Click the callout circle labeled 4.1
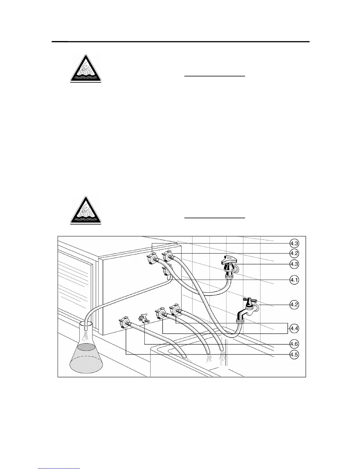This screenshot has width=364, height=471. pyautogui.click(x=294, y=280)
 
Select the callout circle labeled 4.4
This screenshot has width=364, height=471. pyautogui.click(x=294, y=329)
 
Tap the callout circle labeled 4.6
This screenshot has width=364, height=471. pyautogui.click(x=294, y=344)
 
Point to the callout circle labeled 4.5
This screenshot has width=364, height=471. pyautogui.click(x=294, y=355)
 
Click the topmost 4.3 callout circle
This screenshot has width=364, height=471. pyautogui.click(x=294, y=244)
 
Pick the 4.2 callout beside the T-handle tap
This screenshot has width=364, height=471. pyautogui.click(x=294, y=305)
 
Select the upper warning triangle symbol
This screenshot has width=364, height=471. pyautogui.click(x=86, y=69)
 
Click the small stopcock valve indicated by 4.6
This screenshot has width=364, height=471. pyautogui.click(x=144, y=319)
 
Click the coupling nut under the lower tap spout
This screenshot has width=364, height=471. pyautogui.click(x=240, y=321)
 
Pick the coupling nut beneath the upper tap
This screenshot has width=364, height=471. pyautogui.click(x=229, y=276)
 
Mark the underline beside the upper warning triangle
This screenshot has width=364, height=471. pyautogui.click(x=214, y=76)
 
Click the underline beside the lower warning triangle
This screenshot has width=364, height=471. pyautogui.click(x=214, y=218)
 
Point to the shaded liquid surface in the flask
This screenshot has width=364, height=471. pyautogui.click(x=86, y=346)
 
